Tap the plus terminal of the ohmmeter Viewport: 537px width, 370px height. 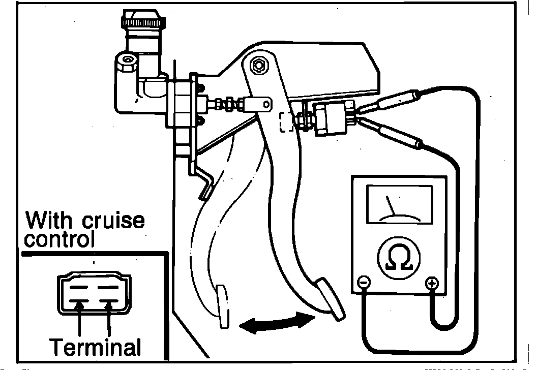tap(432, 283)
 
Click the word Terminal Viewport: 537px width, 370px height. tap(95, 347)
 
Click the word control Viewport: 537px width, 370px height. tap(59, 239)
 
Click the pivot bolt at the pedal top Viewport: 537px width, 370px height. tap(259, 65)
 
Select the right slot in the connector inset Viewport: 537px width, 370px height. tap(108, 288)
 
